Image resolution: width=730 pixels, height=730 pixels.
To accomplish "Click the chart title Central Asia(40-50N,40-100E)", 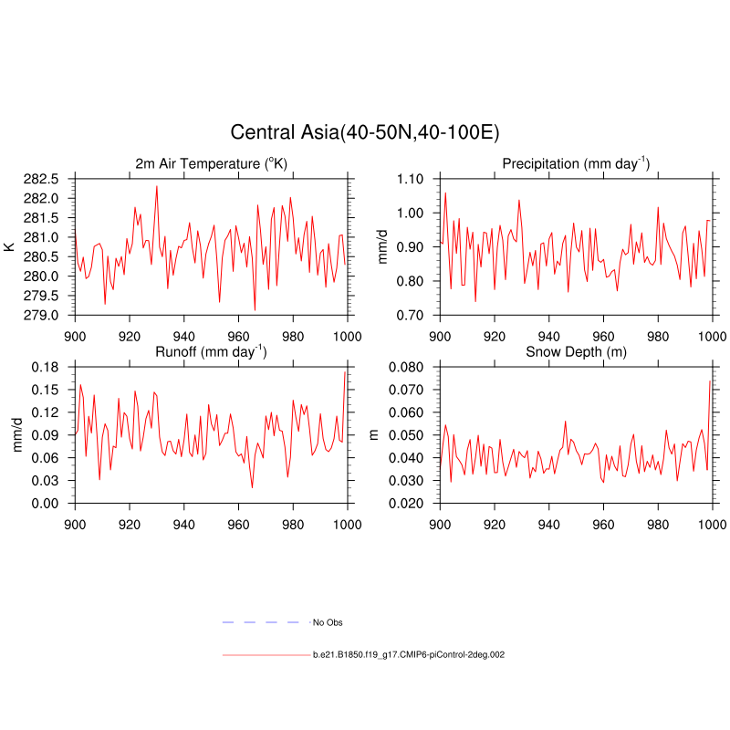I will (x=364, y=132).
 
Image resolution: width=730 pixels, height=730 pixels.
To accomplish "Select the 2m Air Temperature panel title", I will (x=212, y=164).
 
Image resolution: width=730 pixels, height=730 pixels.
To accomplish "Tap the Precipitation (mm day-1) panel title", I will (x=576, y=164).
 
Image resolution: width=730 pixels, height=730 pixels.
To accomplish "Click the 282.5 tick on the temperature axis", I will (x=40, y=179).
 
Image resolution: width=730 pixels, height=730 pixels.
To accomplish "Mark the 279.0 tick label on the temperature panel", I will (x=40, y=315).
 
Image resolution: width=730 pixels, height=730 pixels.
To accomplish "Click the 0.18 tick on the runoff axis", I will (x=43, y=367).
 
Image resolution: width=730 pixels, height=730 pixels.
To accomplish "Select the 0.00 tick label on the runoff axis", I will (x=43, y=503).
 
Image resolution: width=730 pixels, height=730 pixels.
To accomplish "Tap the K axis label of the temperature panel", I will (x=9, y=246).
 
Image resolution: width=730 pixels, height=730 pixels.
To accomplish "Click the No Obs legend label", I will (x=328, y=622).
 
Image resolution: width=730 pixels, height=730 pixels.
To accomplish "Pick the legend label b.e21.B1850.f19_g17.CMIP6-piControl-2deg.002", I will (x=408, y=655).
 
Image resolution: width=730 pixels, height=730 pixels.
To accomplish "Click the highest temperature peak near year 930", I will (x=156, y=186).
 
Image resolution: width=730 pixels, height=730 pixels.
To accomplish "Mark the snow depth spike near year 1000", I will (x=710, y=381).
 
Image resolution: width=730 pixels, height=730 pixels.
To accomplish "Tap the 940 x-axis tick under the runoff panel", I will (x=184, y=525).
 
